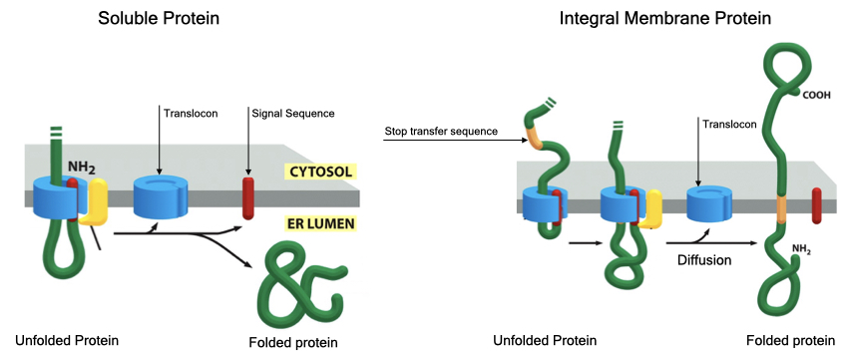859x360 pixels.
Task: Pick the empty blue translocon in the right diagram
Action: pos(711,203)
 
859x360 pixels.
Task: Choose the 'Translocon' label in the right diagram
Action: pos(729,124)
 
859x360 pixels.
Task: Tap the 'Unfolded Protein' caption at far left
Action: pos(67,340)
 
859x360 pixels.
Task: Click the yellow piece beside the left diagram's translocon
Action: pos(94,203)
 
